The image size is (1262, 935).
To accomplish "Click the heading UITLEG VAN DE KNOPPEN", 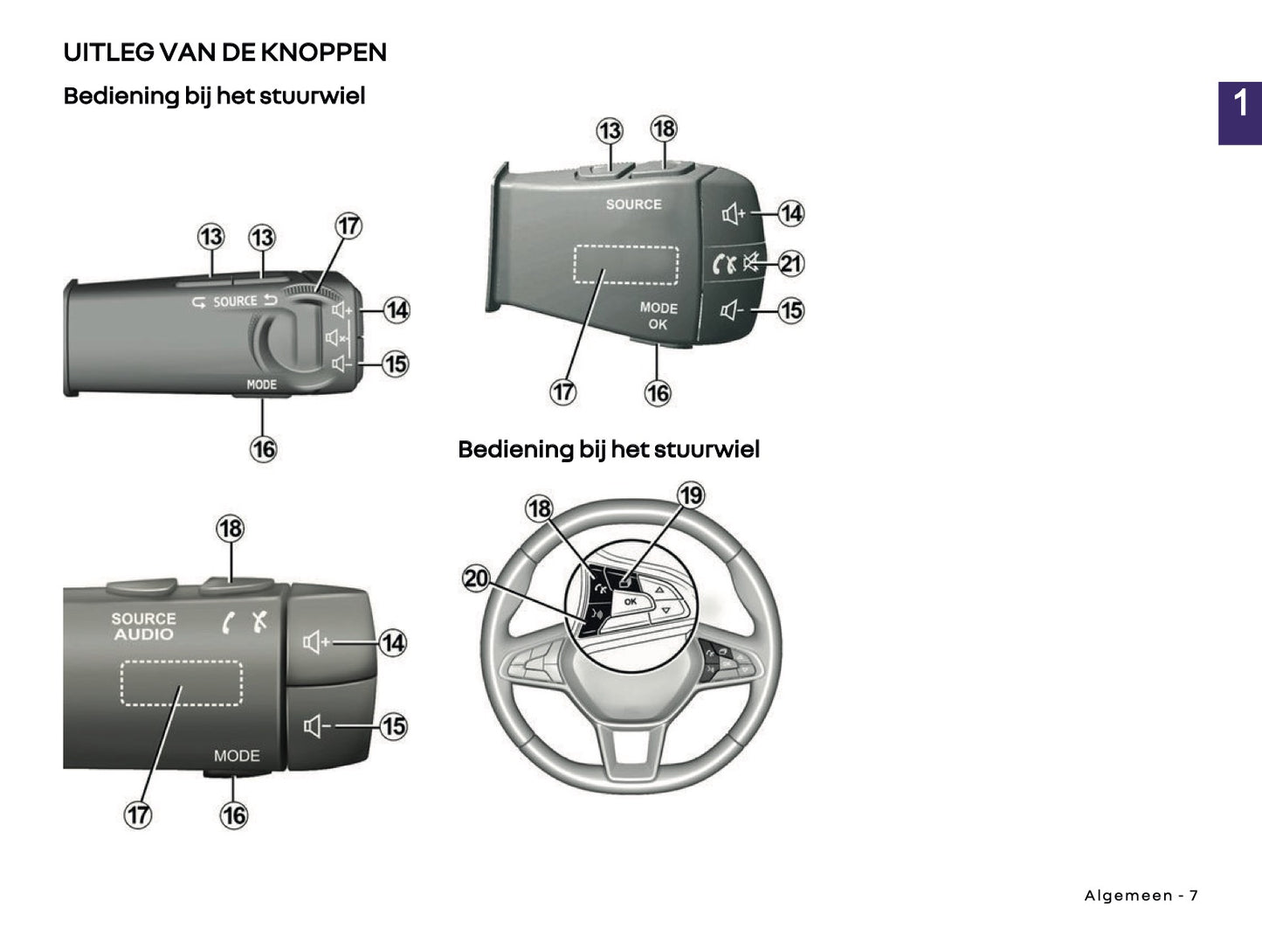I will [x=224, y=52].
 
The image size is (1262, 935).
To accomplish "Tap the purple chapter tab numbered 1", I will [x=1239, y=112].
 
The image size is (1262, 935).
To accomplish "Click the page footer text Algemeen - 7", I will [x=1141, y=896].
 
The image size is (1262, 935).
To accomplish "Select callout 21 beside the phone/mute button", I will [x=790, y=263].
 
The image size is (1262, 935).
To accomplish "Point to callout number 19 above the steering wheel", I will [x=691, y=495].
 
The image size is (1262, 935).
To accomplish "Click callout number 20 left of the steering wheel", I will [x=476, y=578].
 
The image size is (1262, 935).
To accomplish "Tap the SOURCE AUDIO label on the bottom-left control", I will [x=143, y=627].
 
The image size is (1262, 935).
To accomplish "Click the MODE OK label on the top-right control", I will [x=659, y=316].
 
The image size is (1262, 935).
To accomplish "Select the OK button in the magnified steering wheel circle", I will [x=630, y=602].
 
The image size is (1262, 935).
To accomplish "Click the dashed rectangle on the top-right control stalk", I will [x=625, y=265].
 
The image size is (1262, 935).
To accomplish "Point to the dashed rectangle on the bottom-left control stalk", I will [x=181, y=683].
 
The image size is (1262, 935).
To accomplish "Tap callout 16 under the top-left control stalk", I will [x=263, y=449].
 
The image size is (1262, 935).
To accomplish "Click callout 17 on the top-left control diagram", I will [x=348, y=225].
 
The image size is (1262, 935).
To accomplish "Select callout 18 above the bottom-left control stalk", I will [x=231, y=529].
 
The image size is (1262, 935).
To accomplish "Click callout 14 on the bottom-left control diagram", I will [x=393, y=643].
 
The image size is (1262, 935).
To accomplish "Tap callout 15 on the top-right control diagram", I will [x=790, y=310].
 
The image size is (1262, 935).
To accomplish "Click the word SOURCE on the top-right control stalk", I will [x=634, y=204].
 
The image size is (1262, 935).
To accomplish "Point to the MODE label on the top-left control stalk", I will [x=261, y=384].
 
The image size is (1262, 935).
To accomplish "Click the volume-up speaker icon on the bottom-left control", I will [x=315, y=643].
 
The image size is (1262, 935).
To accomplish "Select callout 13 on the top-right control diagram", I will [x=609, y=131].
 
